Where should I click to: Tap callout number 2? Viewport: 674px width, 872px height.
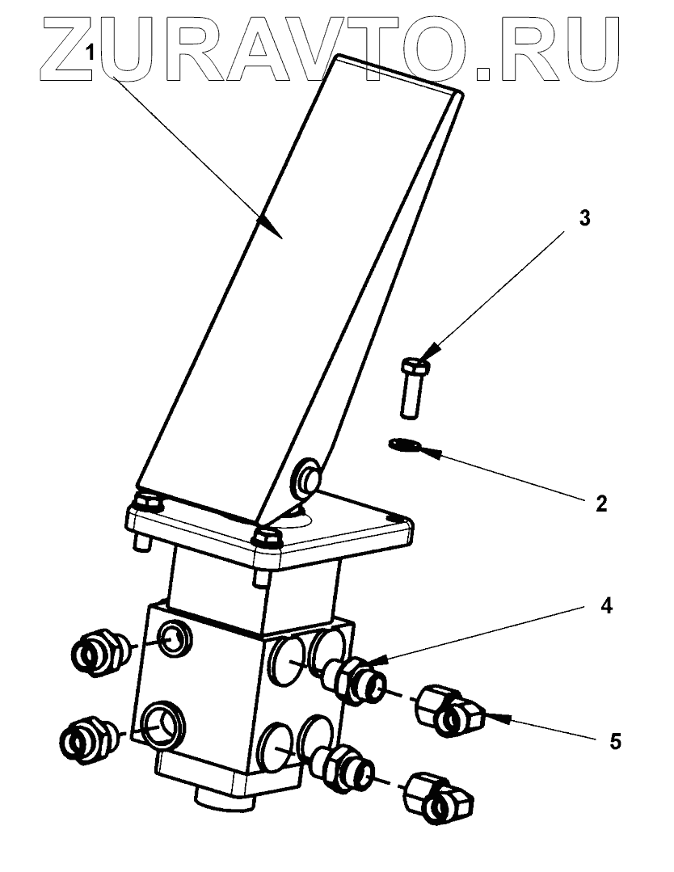(600, 503)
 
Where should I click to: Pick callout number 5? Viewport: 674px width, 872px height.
(616, 740)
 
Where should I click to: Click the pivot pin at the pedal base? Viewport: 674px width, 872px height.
(308, 478)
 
